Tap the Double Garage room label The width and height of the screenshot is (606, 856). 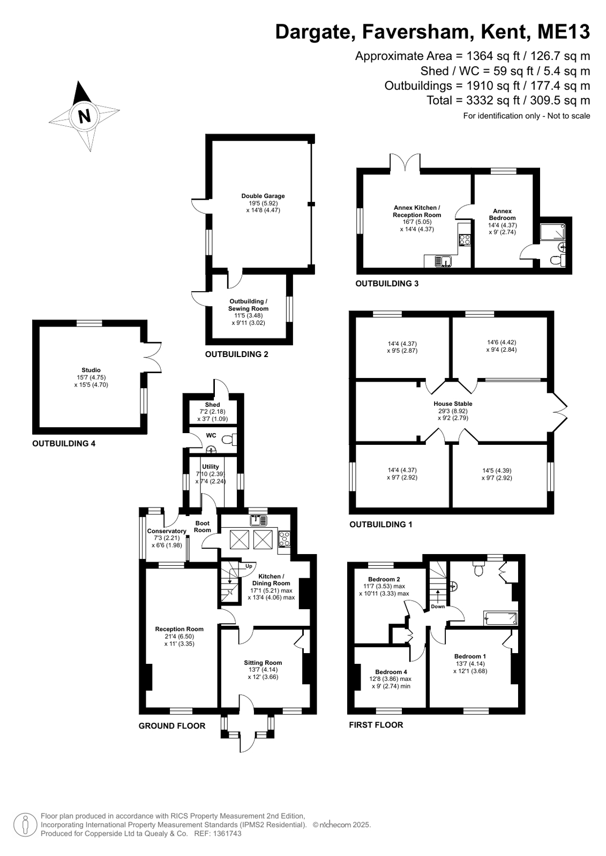(x=263, y=196)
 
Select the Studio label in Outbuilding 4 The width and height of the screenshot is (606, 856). (x=91, y=370)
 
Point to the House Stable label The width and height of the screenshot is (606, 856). (x=453, y=404)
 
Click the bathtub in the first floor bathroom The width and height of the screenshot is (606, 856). (x=500, y=618)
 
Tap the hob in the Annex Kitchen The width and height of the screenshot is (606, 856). (x=465, y=240)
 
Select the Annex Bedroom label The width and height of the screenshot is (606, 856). (x=502, y=214)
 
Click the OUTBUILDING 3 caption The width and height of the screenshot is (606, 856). (x=387, y=284)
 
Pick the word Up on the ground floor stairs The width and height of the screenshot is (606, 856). (x=249, y=566)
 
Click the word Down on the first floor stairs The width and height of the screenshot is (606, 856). (x=438, y=607)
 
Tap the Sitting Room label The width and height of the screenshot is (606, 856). (x=263, y=663)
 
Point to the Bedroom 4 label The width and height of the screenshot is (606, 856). (x=391, y=672)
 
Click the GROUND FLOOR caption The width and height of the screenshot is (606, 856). (x=172, y=726)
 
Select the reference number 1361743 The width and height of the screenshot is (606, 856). (x=227, y=834)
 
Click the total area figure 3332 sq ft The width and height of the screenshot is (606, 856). (x=493, y=100)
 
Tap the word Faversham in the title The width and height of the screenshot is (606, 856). (x=418, y=32)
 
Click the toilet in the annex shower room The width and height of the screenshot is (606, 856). (x=557, y=261)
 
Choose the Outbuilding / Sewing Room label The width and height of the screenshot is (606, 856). (x=248, y=305)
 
